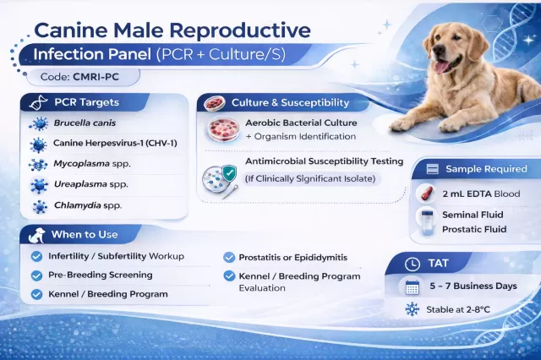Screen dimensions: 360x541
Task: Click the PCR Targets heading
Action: (87, 103)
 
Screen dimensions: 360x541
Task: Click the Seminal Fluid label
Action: (484, 215)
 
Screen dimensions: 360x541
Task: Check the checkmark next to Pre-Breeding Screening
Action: (36, 275)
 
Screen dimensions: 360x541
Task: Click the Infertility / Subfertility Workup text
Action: (116, 256)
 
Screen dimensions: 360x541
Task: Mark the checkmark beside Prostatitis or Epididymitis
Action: (228, 257)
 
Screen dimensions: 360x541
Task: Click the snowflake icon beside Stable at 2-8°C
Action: (413, 310)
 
